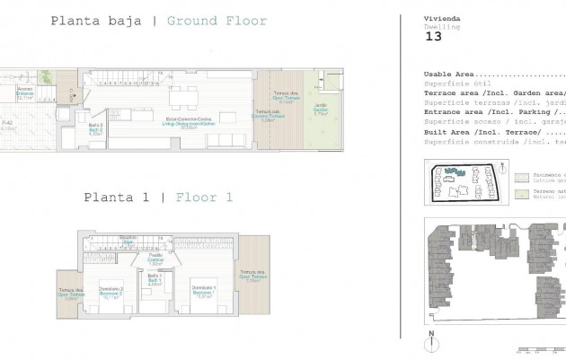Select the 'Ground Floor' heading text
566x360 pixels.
(217, 21)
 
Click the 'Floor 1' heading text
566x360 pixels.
(205, 197)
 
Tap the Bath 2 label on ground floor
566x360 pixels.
(95, 128)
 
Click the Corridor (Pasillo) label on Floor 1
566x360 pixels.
(155, 261)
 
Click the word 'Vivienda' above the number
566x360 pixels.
(437, 19)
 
